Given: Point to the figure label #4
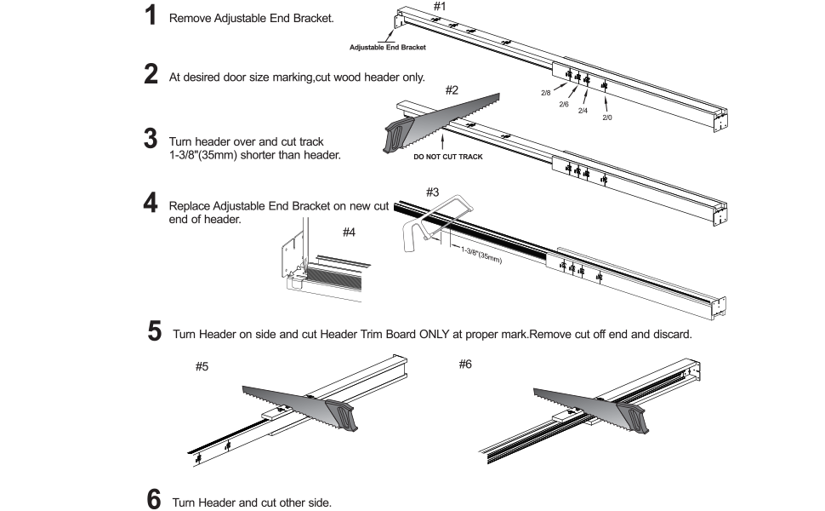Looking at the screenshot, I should [349, 231].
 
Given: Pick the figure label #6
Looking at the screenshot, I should [465, 365].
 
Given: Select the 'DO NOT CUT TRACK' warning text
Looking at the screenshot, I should [447, 158].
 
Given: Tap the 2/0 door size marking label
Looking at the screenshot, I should [607, 118].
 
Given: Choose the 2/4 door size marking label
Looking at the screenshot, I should [583, 111].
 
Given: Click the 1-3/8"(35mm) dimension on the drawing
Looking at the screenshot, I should [481, 255].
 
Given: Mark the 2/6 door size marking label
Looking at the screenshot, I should [564, 104].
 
